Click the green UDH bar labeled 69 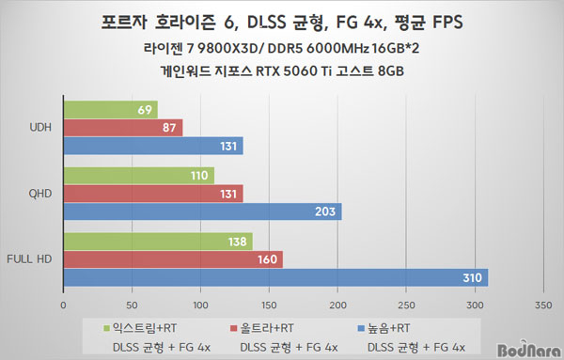click(111, 110)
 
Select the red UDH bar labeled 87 click(123, 128)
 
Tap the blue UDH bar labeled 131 click(153, 146)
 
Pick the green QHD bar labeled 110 click(139, 176)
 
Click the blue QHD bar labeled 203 click(203, 211)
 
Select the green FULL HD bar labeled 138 click(158, 242)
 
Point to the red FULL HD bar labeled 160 click(173, 259)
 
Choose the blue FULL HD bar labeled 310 click(275, 277)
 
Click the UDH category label click(40, 127)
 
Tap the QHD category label click(40, 194)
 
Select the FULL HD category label click(29, 258)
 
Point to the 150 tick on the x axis click(269, 305)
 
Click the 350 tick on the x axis click(543, 305)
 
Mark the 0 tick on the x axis click(63, 305)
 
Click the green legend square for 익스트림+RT click(106, 328)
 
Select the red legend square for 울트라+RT click(234, 328)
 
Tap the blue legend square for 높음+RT click(361, 328)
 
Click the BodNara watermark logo click(528, 350)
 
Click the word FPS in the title click(447, 23)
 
